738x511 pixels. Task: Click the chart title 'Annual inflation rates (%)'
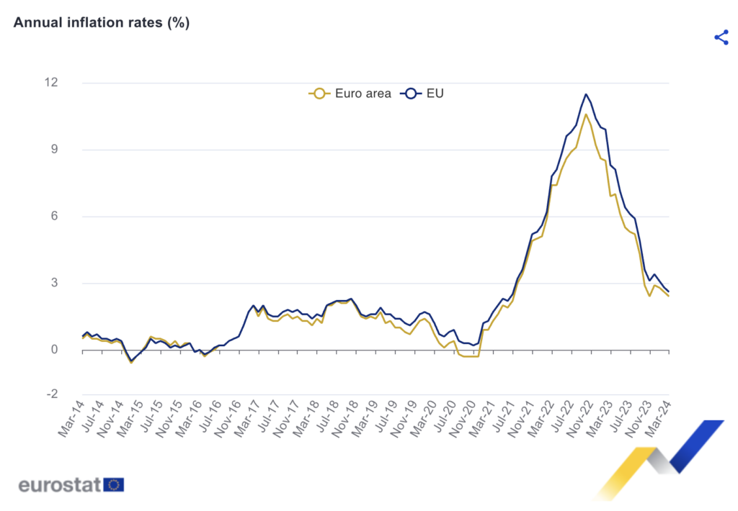[x=101, y=22]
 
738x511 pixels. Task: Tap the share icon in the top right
[x=721, y=37]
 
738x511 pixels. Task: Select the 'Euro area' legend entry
[x=351, y=93]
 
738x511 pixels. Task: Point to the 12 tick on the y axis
[x=70, y=82]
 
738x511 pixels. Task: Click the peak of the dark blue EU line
[x=586, y=94]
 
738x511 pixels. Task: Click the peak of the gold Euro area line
[x=586, y=114]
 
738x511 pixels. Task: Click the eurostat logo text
[x=60, y=484]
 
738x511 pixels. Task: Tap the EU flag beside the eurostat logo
[x=114, y=484]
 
